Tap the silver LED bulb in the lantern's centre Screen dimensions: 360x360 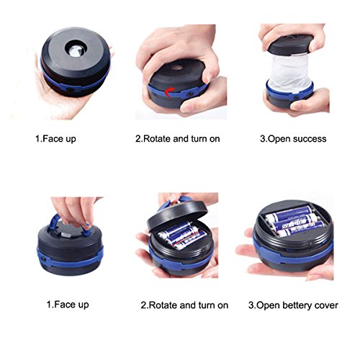coord(76,50)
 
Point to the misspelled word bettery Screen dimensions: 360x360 coord(297,305)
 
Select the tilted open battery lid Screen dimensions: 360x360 coord(177,216)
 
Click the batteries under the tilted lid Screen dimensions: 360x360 coord(182,235)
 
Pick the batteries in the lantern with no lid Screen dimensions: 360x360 coord(295,221)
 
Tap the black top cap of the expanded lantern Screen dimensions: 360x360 coord(291,44)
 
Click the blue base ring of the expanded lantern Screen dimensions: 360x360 coord(290,93)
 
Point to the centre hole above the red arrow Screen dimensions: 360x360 coord(177,68)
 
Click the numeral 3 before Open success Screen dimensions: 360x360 coord(262,139)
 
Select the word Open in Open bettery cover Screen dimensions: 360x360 coord(269,306)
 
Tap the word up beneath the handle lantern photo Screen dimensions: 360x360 coord(83,305)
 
